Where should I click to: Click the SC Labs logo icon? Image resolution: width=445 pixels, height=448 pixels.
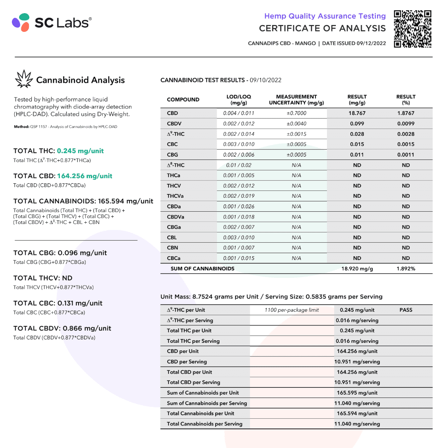point(21,22)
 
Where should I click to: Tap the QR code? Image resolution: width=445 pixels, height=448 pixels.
point(413,29)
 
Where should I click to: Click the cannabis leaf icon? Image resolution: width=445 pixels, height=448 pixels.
point(24,79)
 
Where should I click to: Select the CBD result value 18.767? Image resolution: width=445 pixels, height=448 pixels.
point(357,113)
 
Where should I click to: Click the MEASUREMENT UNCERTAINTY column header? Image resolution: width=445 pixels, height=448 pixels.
point(296,100)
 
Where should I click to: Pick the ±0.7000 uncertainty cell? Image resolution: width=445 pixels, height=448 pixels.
point(296,113)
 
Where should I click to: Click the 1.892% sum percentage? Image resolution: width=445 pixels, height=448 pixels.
point(406,269)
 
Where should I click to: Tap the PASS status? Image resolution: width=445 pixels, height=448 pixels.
point(406,310)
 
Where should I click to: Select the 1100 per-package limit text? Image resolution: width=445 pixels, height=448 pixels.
point(292,310)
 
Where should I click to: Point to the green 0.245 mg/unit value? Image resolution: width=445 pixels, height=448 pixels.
point(80,151)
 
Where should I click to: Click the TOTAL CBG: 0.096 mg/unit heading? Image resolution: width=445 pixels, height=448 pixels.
point(60,253)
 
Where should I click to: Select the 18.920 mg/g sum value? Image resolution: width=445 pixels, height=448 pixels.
point(357,269)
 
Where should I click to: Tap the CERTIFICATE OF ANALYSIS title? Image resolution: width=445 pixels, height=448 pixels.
point(322,28)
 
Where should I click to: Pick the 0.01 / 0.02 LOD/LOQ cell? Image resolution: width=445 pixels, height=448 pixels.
point(239,165)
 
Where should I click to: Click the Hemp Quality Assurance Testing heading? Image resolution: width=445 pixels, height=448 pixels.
point(325,16)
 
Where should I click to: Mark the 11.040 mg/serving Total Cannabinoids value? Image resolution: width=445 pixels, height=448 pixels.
point(357,424)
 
